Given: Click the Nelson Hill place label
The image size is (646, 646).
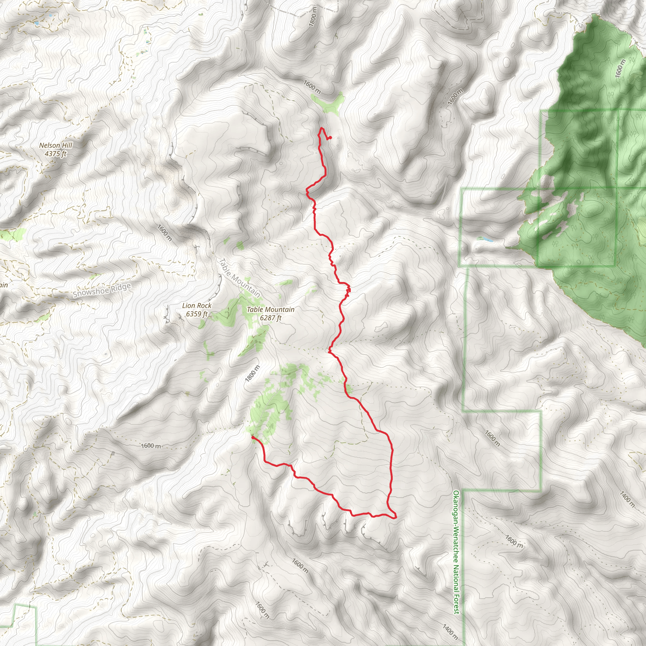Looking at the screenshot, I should tap(56, 145).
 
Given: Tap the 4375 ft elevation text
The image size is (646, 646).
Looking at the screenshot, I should tap(56, 154).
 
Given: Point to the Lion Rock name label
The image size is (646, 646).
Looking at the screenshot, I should tap(197, 306).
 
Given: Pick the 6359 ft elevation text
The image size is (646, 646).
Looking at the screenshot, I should tap(197, 314).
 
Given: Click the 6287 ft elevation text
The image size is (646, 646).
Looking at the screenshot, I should tap(271, 318).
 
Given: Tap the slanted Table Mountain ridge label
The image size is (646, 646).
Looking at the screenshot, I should tap(239, 278).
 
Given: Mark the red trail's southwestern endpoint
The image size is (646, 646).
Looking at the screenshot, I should tap(252, 437).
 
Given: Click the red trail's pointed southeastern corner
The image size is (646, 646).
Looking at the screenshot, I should tap(396, 517).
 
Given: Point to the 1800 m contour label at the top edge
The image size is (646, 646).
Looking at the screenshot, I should tap(313, 17).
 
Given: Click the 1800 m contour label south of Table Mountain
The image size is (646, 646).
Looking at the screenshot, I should tap(252, 373).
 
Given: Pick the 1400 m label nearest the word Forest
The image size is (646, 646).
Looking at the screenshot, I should tap(450, 630).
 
